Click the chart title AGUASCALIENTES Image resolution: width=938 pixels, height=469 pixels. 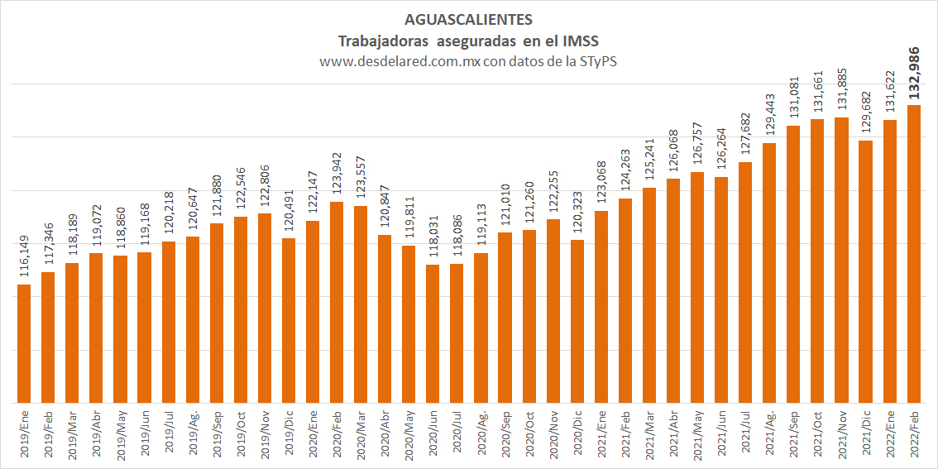[x=468, y=21]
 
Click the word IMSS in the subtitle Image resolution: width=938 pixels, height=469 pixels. [x=580, y=41]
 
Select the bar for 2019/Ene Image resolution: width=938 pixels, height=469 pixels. [x=24, y=343]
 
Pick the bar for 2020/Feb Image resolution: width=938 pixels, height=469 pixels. [x=337, y=302]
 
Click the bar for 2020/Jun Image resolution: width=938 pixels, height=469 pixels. [x=433, y=334]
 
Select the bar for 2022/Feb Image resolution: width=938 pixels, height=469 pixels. [x=913, y=254]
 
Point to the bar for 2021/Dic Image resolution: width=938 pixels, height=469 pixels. [x=865, y=271]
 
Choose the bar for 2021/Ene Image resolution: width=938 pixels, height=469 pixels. [x=601, y=307]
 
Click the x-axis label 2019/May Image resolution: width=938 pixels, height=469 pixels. [x=120, y=433]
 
